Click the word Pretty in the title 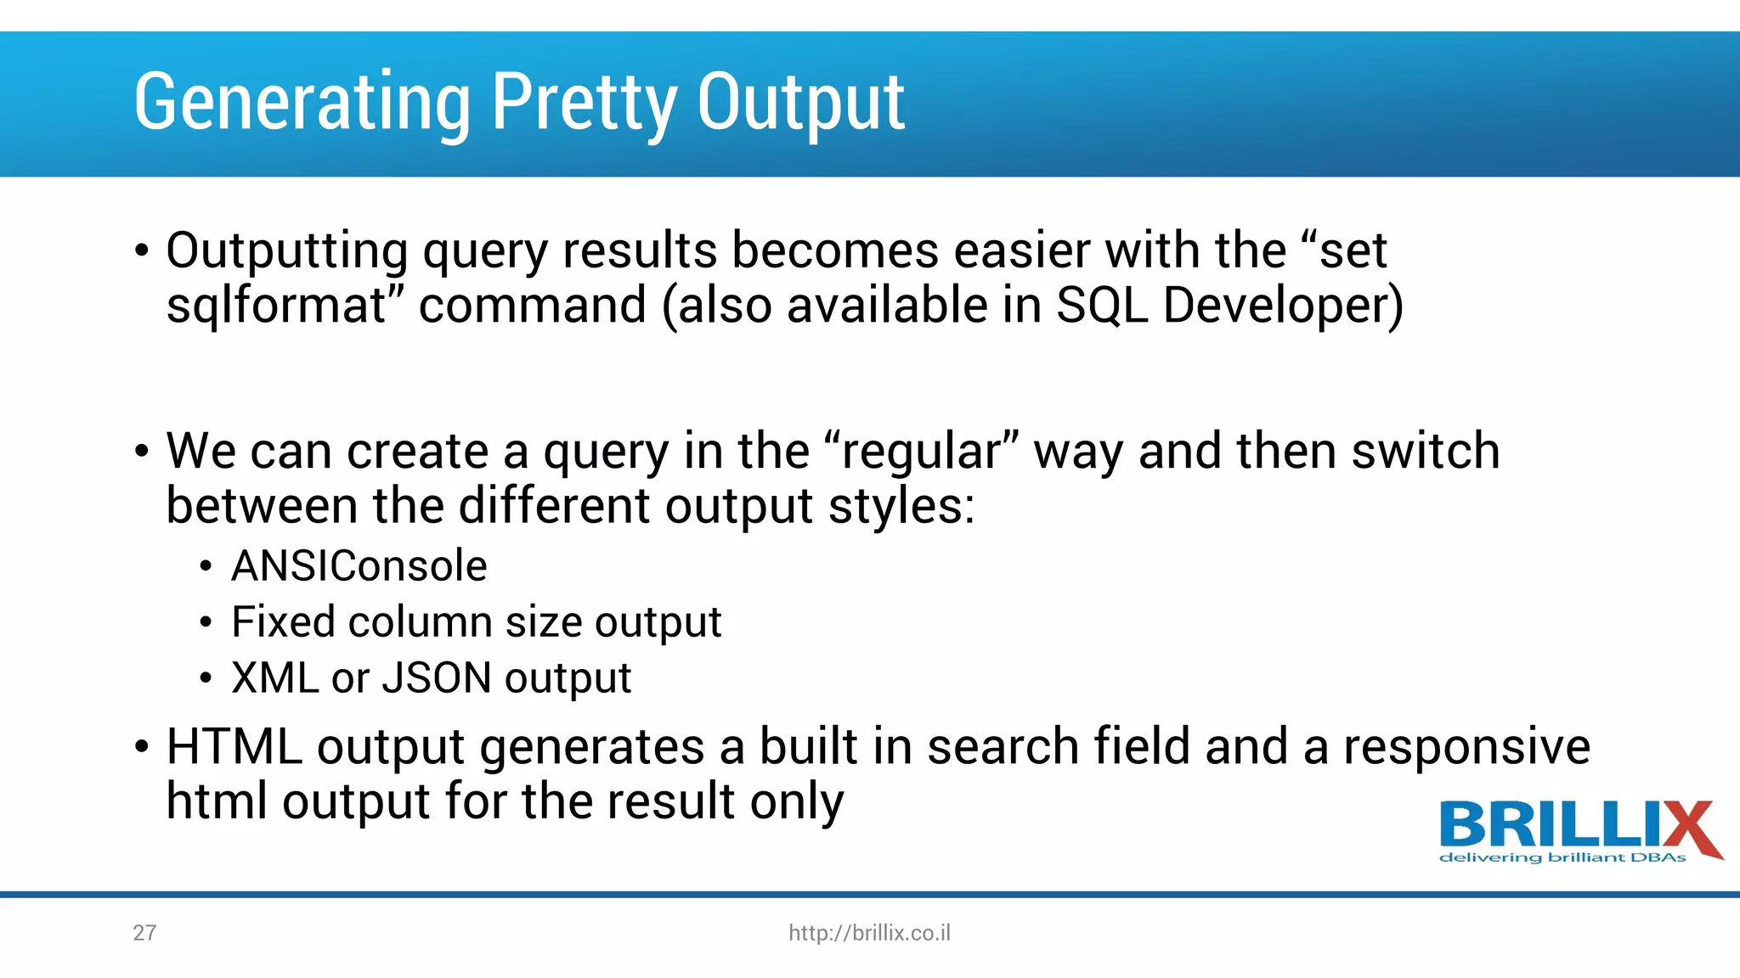tap(585, 103)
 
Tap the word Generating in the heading tap(302, 103)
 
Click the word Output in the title tap(800, 103)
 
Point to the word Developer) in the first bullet tap(1283, 306)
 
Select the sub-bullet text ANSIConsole tap(359, 566)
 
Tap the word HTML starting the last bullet tap(234, 746)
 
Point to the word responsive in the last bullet tap(1466, 746)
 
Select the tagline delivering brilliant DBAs tap(1562, 857)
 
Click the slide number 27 tap(144, 933)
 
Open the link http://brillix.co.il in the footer tap(869, 933)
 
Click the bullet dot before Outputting tap(142, 251)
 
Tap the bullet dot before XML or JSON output tap(206, 678)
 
